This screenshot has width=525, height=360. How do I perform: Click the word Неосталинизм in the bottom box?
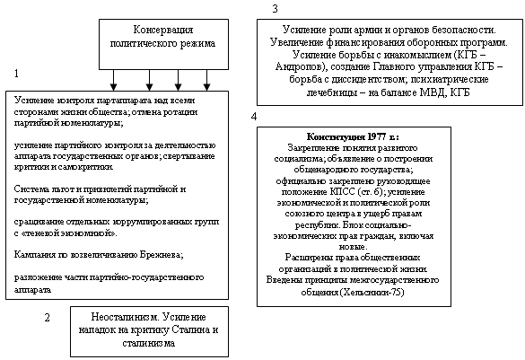coord(126,317)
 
